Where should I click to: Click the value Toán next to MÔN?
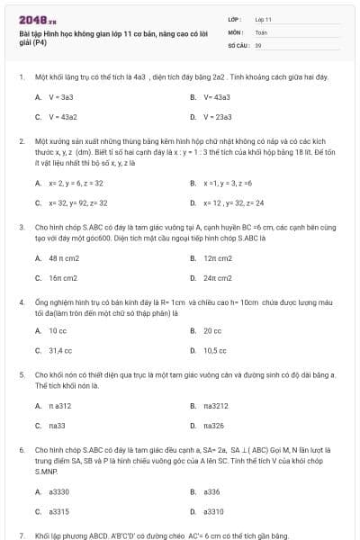[x=261, y=31]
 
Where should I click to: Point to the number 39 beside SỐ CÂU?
[x=258, y=44]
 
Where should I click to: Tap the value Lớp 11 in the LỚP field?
[x=263, y=19]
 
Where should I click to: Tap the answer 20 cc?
[x=212, y=330]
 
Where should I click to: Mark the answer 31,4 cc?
[x=60, y=350]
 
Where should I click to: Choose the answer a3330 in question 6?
[x=59, y=491]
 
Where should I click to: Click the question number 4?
[x=21, y=301]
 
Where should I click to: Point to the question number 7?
[x=21, y=535]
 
